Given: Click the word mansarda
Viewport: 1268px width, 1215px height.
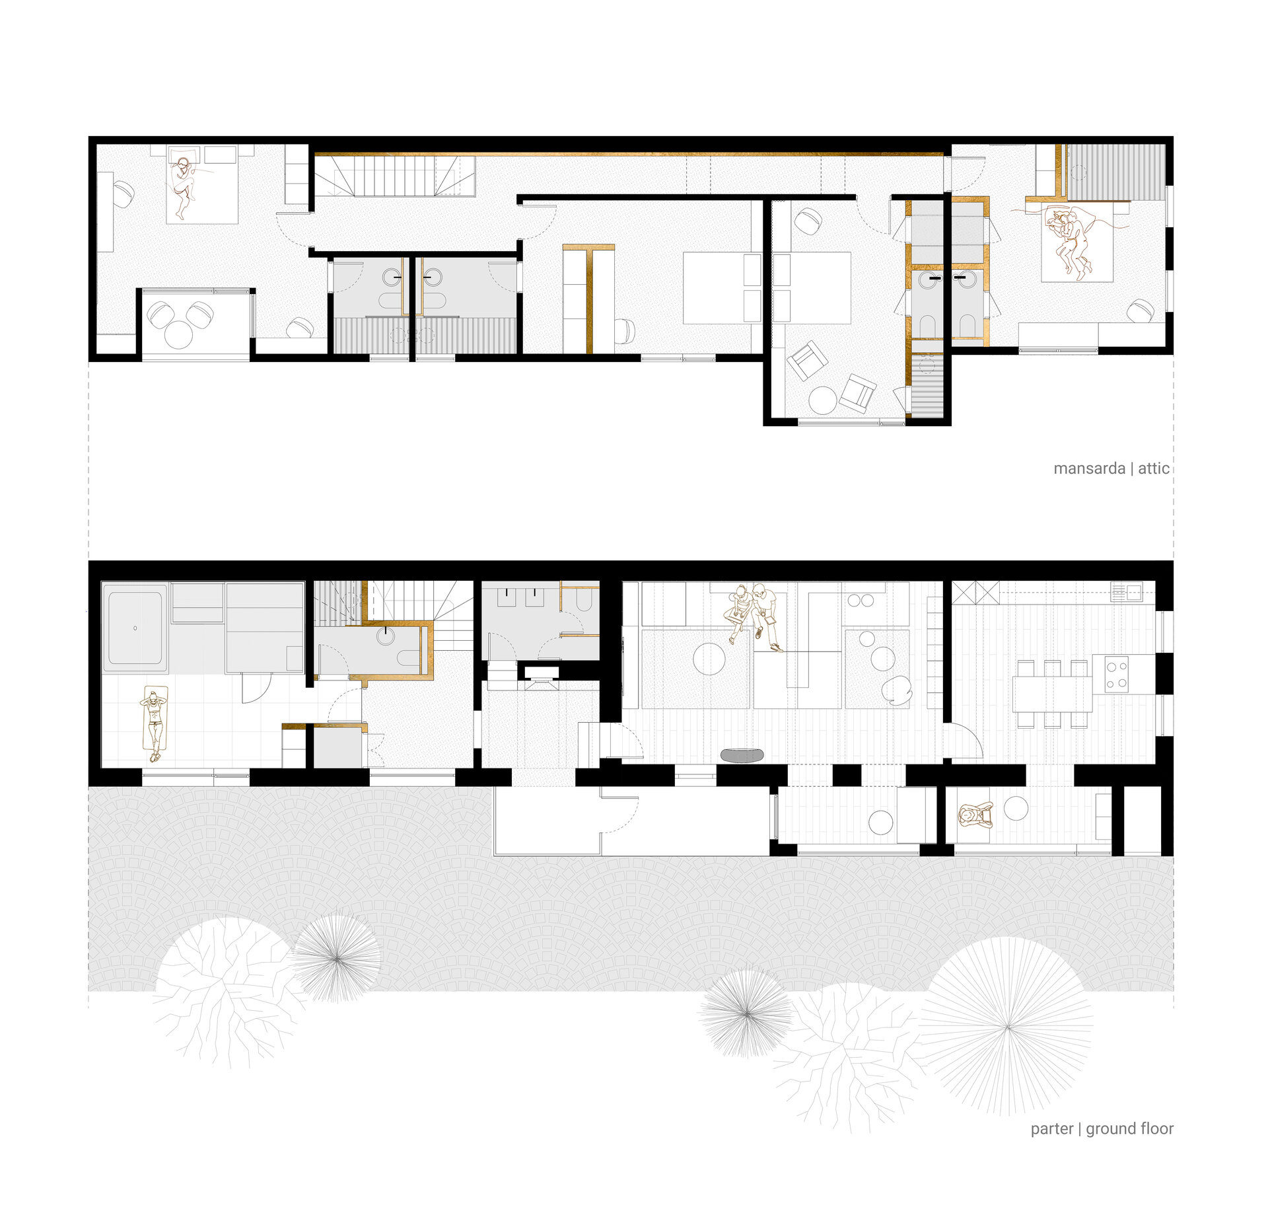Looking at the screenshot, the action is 1089,468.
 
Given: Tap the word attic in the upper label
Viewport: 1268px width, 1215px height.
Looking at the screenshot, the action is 1154,468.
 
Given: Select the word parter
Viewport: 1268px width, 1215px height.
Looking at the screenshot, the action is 1052,1129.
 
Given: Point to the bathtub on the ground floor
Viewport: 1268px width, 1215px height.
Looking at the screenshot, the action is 135,628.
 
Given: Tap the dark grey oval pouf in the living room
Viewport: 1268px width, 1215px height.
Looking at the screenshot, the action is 742,755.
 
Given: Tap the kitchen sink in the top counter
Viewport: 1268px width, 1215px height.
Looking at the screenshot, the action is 1126,591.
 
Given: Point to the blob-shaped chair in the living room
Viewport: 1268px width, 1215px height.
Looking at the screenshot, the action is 897,691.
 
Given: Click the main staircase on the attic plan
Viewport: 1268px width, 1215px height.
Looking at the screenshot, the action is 394,176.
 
